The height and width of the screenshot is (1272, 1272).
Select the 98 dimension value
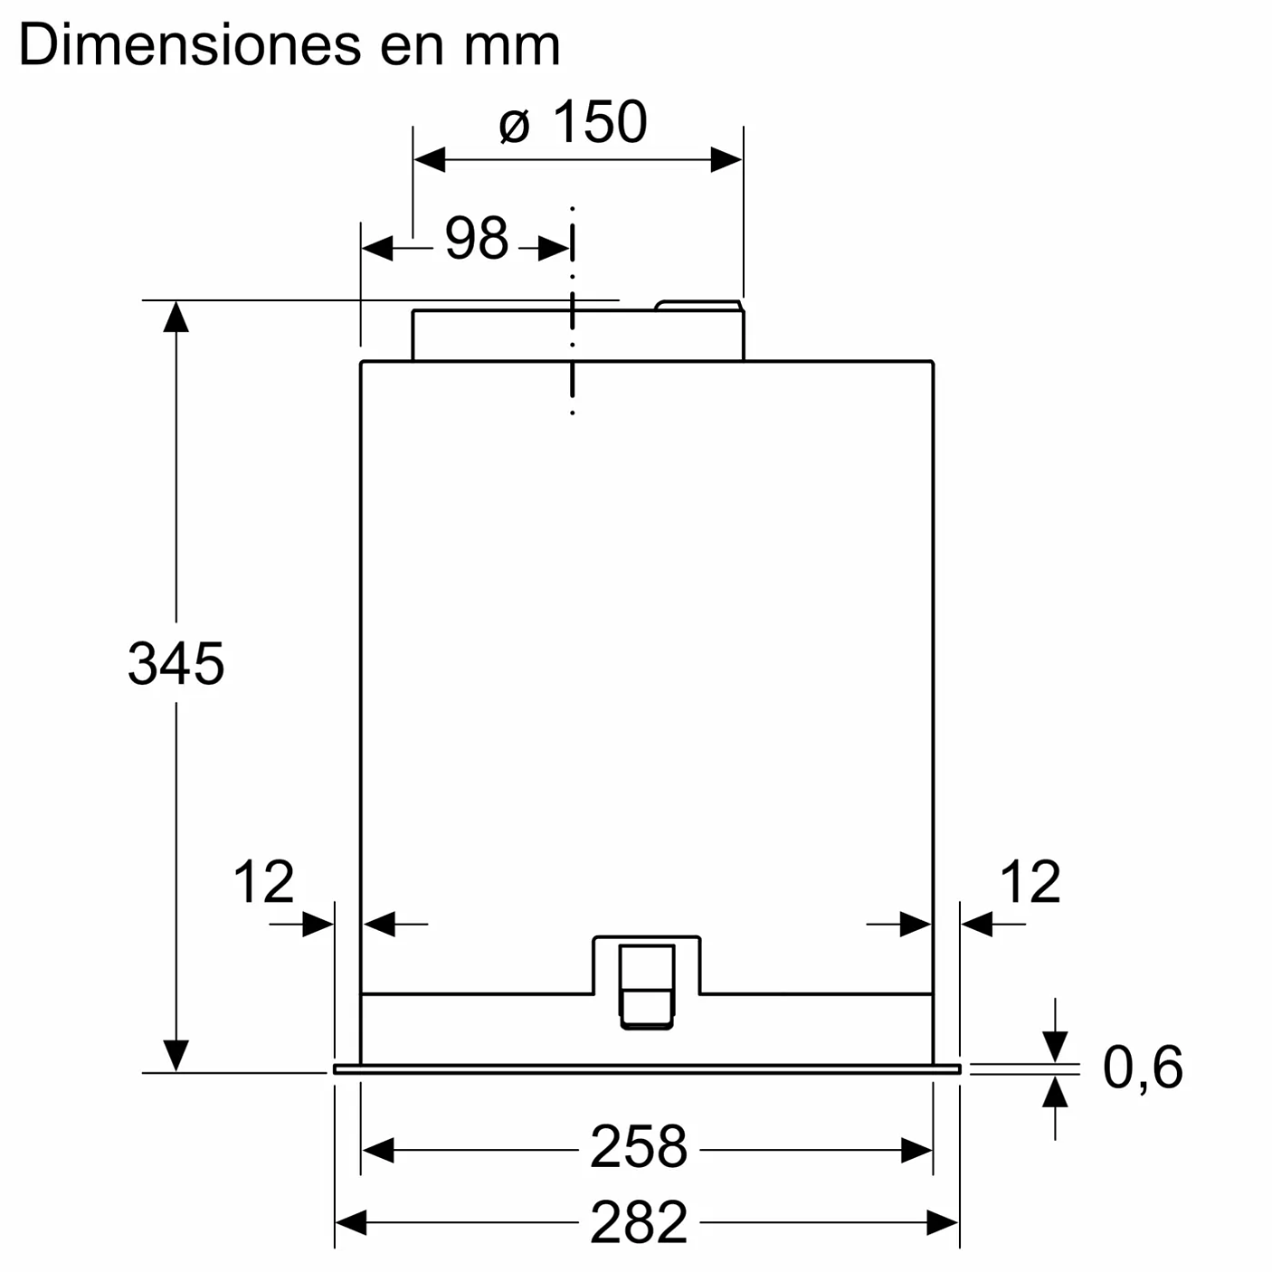[477, 239]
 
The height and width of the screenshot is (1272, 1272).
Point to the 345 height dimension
[176, 663]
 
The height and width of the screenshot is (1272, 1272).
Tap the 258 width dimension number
[639, 1147]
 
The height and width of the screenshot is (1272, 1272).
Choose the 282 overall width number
[639, 1222]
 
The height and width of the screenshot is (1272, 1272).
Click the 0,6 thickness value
[1142, 1067]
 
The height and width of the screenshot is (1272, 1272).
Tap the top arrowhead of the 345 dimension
[176, 317]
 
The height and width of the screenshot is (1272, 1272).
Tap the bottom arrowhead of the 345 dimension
[176, 1055]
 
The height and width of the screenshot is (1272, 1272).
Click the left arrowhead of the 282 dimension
[351, 1223]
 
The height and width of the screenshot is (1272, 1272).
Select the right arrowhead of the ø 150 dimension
[726, 160]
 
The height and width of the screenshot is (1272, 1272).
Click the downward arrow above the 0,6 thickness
[1055, 1045]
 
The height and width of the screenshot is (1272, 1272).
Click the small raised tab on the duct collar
[698, 306]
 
